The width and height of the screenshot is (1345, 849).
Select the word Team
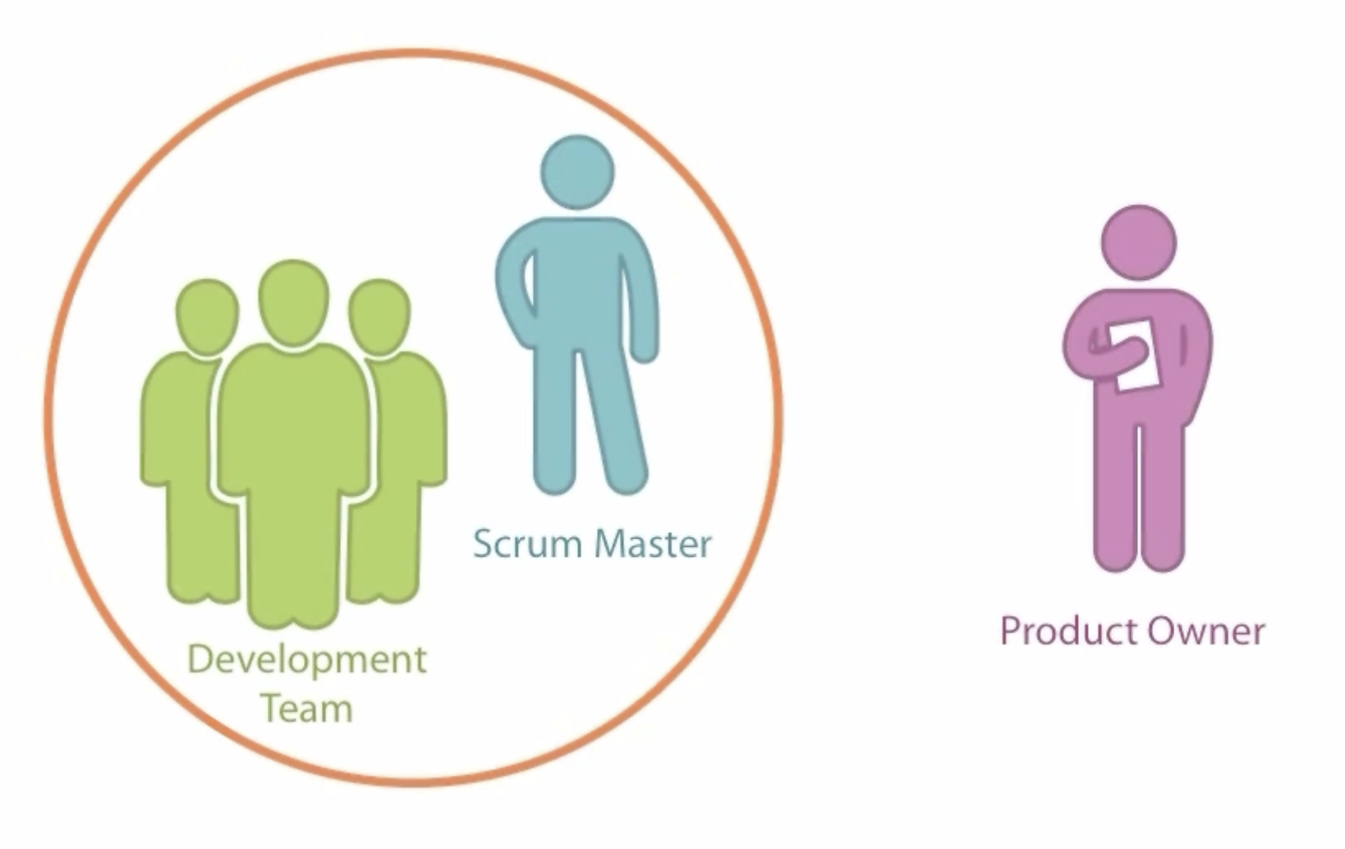click(306, 709)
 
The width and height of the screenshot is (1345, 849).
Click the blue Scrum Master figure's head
click(577, 173)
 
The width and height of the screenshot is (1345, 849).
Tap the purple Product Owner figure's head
click(1138, 242)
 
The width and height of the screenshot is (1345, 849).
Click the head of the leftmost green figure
click(207, 316)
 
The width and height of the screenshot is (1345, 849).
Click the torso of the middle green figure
click(293, 427)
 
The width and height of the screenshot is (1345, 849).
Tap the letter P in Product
click(1011, 631)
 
